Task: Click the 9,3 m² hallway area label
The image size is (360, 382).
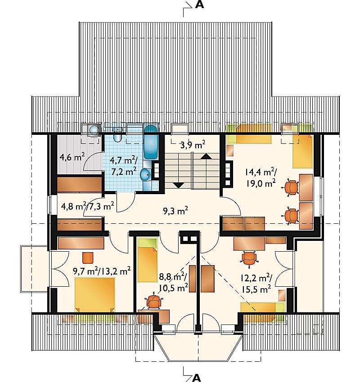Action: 175,211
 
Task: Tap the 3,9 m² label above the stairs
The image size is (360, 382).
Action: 193,145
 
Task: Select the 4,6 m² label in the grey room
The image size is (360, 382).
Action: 72,157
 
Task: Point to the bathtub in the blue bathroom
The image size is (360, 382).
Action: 150,142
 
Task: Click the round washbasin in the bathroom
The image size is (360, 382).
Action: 146,175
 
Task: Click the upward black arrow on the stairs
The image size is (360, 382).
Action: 207,156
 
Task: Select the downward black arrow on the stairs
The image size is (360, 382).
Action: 179,185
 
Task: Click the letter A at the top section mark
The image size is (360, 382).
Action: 199,5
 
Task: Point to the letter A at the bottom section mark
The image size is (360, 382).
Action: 196,378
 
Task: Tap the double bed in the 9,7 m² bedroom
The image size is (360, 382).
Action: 94,295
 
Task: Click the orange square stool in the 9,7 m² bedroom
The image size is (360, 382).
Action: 88,258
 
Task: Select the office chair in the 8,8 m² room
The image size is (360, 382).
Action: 153,302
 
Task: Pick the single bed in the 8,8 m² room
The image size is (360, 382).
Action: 147,260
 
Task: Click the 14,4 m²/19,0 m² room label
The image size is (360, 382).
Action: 261,178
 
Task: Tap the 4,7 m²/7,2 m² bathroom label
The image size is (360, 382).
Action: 124,166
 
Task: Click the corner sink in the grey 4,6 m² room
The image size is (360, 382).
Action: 93,130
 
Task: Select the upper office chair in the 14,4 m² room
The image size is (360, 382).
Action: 291,187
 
